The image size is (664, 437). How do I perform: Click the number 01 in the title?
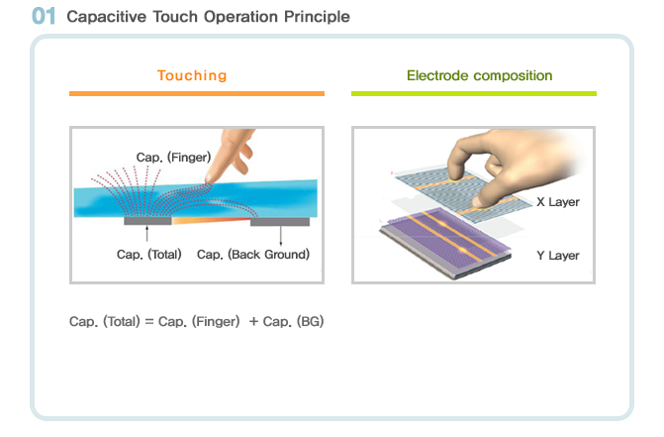click(44, 16)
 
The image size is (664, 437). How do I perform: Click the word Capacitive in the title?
click(106, 17)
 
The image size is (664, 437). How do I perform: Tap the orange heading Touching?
click(192, 75)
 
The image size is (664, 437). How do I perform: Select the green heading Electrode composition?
click(479, 75)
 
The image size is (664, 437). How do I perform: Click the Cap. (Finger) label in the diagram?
click(173, 158)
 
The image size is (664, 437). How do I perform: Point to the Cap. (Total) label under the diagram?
click(149, 255)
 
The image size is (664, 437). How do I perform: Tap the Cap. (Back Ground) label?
click(253, 255)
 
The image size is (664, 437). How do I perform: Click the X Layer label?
click(558, 202)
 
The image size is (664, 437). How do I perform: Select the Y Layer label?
click(558, 255)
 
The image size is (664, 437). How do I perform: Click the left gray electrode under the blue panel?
click(147, 221)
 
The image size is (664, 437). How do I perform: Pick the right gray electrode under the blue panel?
click(280, 222)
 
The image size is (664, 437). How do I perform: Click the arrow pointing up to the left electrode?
click(146, 234)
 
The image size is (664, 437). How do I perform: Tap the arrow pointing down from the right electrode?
click(281, 236)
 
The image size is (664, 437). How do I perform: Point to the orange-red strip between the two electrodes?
click(211, 220)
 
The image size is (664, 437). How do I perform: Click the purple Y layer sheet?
click(444, 240)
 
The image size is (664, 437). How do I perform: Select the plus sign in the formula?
click(253, 322)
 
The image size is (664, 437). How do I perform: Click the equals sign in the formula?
click(149, 322)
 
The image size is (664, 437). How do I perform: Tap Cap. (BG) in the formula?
click(294, 321)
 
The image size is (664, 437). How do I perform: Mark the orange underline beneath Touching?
click(197, 94)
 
